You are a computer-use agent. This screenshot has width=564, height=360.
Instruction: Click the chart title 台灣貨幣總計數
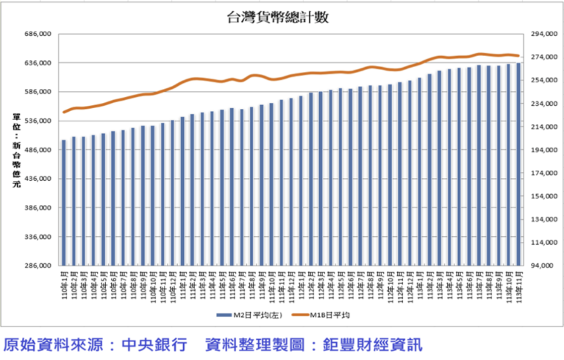(278, 18)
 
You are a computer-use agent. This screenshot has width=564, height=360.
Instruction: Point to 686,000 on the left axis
(38, 34)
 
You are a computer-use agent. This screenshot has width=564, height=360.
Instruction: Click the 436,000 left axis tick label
(38, 179)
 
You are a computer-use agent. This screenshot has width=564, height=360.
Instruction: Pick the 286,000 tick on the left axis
(38, 266)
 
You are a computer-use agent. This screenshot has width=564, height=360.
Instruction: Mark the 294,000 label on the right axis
(543, 34)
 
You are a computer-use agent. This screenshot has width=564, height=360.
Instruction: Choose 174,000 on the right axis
(543, 173)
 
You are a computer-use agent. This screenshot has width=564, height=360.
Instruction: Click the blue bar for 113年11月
(518, 164)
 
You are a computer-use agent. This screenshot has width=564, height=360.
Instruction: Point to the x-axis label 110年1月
(64, 284)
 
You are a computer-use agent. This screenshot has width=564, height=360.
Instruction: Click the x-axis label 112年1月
(301, 284)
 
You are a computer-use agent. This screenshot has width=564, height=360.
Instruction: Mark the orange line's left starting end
(64, 112)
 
